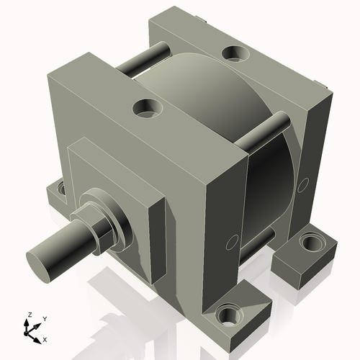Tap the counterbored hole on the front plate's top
coord(147,109)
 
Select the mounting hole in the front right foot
coord(229,315)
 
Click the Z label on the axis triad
coord(28,315)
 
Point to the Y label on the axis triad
coord(44,318)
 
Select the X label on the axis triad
coord(45,338)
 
